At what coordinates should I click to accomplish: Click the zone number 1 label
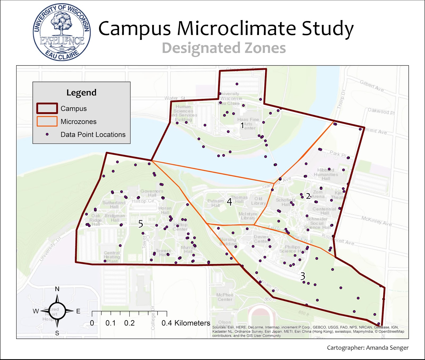tap(242, 125)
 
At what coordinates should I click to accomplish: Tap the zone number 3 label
tap(303, 276)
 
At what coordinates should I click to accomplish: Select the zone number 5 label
tap(141, 224)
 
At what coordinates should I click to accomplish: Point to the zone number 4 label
tap(229, 202)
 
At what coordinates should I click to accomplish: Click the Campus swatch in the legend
tap(47, 108)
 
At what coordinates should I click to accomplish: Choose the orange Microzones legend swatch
tap(47, 121)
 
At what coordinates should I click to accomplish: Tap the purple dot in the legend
tap(47, 134)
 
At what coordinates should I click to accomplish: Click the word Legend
tap(81, 93)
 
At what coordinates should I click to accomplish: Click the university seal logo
tap(62, 32)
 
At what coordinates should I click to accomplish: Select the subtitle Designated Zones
tap(224, 48)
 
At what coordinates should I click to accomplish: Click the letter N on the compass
tap(57, 289)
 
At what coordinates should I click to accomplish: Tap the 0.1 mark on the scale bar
tap(110, 323)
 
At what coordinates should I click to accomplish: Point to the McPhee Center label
tap(225, 297)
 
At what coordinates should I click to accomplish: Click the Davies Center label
tap(261, 239)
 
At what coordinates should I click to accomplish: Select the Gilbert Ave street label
tap(372, 86)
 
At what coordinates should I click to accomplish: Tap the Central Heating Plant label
tap(112, 257)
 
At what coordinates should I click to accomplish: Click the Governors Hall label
tap(152, 193)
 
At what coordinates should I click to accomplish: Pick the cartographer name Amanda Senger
tap(387, 348)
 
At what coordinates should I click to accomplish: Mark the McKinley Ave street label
tap(376, 221)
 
